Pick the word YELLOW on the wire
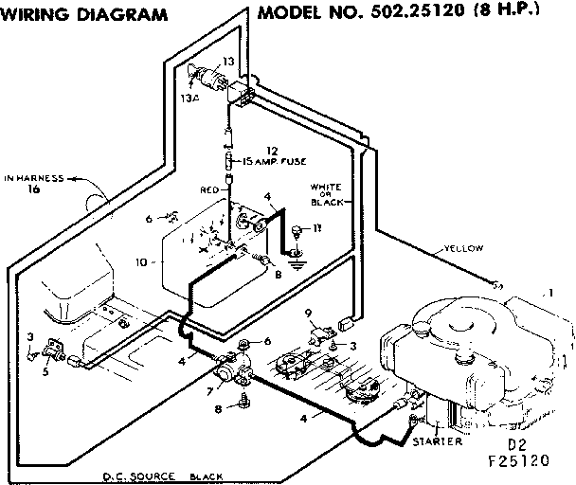[x=463, y=248]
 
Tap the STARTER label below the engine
[x=438, y=441]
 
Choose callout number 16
[x=34, y=190]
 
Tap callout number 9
[x=308, y=313]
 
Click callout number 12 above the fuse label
[x=272, y=150]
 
